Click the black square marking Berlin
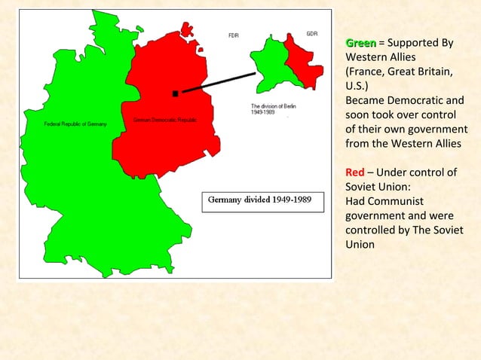pyautogui.click(x=175, y=93)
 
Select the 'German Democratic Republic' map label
pyautogui.click(x=165, y=121)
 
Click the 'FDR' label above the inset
pyautogui.click(x=234, y=35)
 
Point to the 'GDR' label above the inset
pyautogui.click(x=311, y=34)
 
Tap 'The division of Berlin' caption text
pyautogui.click(x=273, y=106)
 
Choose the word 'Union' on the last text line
pyautogui.click(x=360, y=245)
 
